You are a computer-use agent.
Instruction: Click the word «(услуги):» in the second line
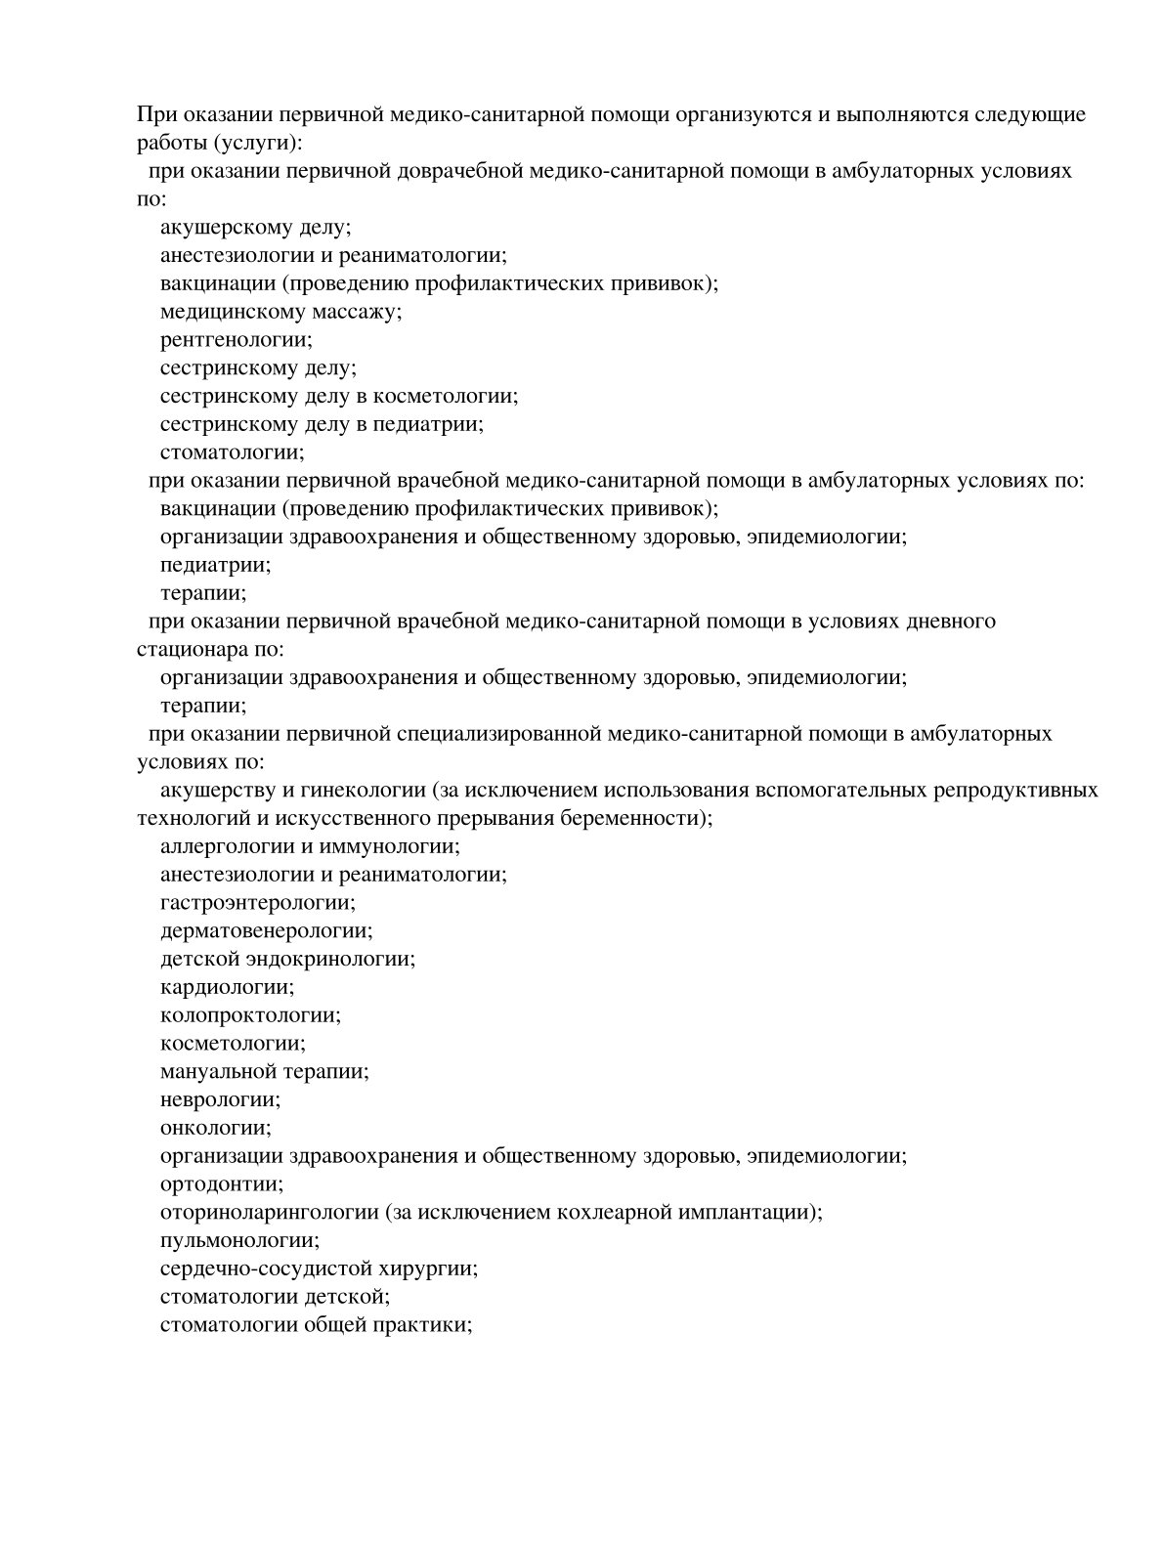tap(255, 143)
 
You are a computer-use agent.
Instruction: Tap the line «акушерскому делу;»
tap(255, 228)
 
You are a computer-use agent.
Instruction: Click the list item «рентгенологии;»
tap(236, 340)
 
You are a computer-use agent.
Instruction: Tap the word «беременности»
tap(640, 818)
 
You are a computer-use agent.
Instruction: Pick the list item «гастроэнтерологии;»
tap(257, 903)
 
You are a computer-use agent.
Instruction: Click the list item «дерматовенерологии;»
tap(266, 930)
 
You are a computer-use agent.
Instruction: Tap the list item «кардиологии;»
tap(227, 987)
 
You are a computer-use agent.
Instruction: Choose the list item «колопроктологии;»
tap(250, 1015)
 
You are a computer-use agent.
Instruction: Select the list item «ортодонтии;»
tap(222, 1184)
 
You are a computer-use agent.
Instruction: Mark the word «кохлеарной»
tap(611, 1213)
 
